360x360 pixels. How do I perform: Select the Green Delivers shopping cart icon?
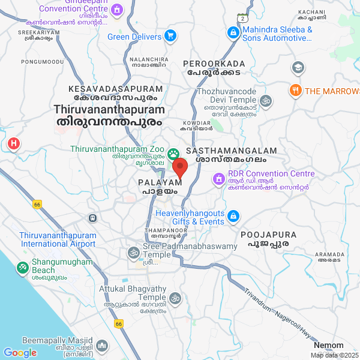pos(170,36)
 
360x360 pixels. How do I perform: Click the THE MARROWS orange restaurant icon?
pos(295,91)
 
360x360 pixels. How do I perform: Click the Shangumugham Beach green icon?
pos(22,266)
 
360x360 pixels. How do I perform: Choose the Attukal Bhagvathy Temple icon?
pos(175,298)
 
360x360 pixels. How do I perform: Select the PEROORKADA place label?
pos(215,64)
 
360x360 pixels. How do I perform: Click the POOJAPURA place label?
pos(265,234)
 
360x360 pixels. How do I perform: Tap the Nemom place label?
pos(329,345)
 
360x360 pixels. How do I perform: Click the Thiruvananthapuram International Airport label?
pos(58,239)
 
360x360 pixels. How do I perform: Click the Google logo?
pos(20,353)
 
